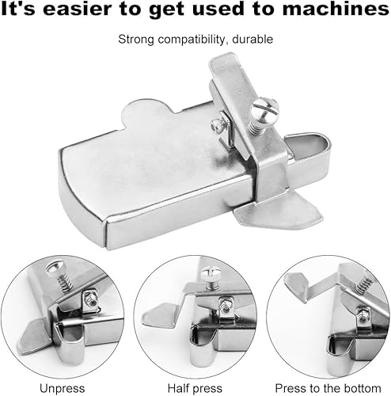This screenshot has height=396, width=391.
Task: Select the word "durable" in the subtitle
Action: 252,40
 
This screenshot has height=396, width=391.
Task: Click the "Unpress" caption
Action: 63,388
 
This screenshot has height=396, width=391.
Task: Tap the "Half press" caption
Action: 195,388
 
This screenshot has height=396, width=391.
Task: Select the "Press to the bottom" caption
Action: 328,388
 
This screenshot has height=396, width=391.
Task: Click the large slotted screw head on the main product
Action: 264,109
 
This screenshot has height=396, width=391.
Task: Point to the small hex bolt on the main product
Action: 218,124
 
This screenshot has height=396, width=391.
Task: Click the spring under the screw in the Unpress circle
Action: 65,282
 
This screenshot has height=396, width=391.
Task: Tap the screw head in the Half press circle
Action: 211,274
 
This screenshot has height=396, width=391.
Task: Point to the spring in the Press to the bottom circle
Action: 363,284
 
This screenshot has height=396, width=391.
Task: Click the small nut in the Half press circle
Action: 225,307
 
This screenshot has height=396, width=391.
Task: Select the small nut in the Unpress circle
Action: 90,299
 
